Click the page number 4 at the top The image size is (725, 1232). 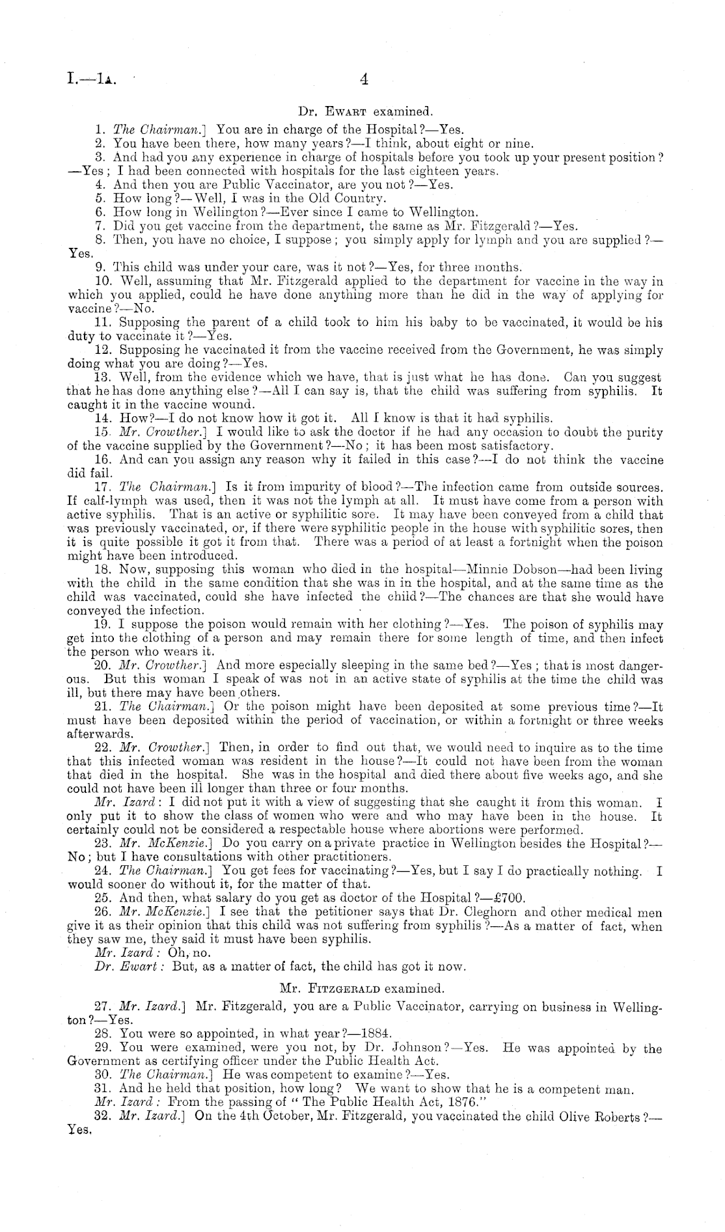(x=364, y=79)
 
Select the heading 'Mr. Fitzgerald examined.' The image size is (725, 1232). (x=362, y=988)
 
